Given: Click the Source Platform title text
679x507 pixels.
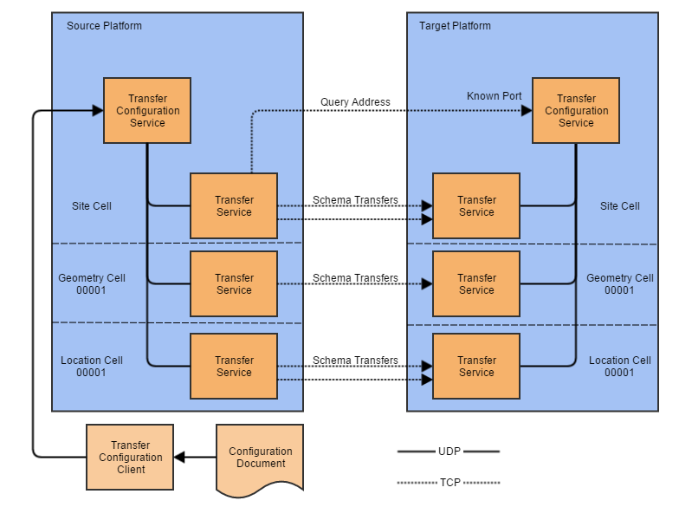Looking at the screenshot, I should tap(104, 26).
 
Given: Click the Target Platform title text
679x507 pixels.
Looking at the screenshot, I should tap(455, 26).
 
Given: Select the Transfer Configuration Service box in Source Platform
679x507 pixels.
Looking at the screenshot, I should tap(147, 111).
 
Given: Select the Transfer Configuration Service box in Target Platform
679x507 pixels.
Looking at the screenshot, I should tap(576, 111).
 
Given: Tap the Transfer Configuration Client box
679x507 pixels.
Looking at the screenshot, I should tap(130, 457).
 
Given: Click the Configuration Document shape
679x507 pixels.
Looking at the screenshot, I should tap(260, 458).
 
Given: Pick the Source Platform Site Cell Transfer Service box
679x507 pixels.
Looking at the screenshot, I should tap(234, 206).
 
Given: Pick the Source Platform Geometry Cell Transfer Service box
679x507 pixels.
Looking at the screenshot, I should tap(234, 284).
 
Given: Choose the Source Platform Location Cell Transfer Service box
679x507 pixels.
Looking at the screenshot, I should tap(234, 367).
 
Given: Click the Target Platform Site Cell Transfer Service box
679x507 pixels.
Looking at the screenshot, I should tap(476, 206).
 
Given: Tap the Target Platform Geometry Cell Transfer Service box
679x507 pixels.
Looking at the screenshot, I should tap(476, 284).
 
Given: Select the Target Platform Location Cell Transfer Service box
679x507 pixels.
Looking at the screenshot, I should tap(476, 367).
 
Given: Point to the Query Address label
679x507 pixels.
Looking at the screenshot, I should tap(355, 102).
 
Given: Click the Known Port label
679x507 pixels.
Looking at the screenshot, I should tap(494, 96).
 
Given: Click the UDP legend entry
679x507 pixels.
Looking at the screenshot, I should tap(449, 452).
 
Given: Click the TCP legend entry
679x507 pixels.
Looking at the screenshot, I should tap(449, 483).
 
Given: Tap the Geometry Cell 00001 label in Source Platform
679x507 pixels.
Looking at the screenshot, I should tap(92, 284).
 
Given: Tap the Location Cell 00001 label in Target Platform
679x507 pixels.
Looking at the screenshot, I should tap(619, 367).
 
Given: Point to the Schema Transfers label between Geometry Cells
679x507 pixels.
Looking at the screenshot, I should tap(355, 278).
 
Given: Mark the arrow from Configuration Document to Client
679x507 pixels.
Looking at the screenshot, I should tap(195, 457).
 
